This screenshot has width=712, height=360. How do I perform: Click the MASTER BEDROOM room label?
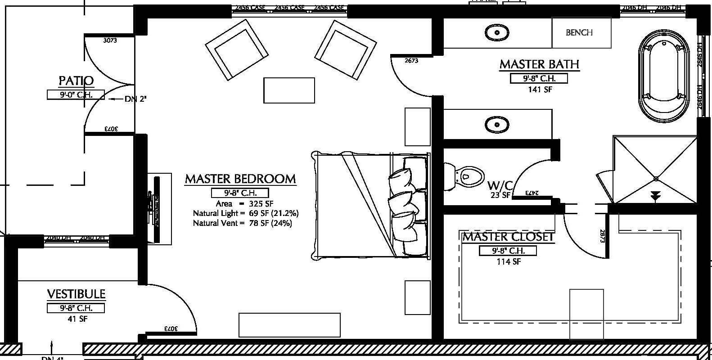tap(240, 179)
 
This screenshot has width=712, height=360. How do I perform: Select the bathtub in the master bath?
tap(663, 77)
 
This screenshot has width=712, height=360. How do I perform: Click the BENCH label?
tap(579, 32)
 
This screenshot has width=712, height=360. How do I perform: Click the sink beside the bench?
tap(497, 32)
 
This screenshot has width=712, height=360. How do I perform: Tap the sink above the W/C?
tap(497, 124)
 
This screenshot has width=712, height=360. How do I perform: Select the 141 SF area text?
tap(540, 90)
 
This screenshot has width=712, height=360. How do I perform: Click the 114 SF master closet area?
tap(509, 261)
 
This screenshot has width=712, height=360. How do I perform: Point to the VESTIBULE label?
tap(76, 294)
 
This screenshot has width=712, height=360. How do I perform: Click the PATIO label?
tap(76, 81)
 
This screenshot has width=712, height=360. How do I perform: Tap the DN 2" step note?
tap(135, 99)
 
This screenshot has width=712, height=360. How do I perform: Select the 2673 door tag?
tap(411, 60)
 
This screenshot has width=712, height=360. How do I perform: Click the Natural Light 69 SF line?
tap(246, 213)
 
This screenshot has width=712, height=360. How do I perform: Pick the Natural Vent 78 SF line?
tap(242, 223)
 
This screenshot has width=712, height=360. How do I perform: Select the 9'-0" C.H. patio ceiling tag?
tap(76, 95)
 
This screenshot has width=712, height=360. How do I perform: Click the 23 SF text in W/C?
tap(500, 195)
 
